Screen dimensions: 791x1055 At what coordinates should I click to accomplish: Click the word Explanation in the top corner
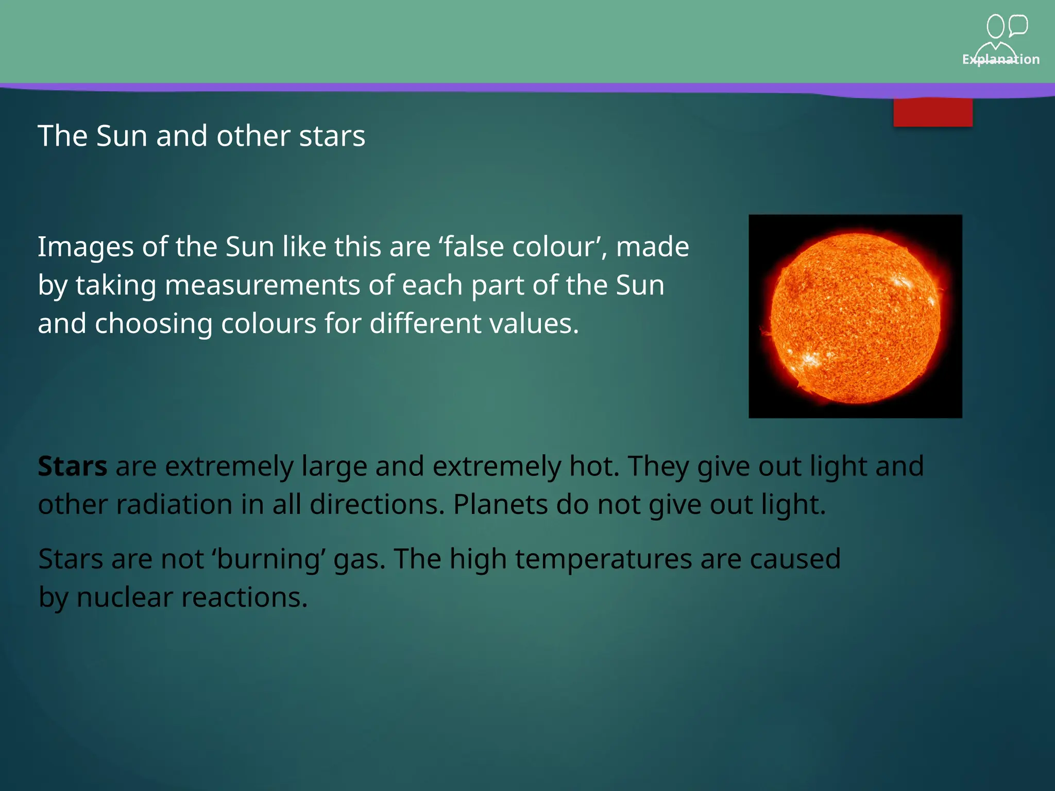point(1000,59)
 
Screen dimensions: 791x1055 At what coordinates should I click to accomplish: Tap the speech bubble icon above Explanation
point(1017,25)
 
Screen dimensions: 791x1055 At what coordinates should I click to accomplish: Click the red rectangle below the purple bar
point(932,112)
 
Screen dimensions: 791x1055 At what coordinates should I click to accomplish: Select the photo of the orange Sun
point(855,316)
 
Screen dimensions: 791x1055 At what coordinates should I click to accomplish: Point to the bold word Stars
point(73,466)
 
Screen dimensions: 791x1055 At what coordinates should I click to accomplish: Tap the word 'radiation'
point(174,505)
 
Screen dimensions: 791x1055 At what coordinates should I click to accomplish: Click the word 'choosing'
point(154,324)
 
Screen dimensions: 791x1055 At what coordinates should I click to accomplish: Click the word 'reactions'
point(244,598)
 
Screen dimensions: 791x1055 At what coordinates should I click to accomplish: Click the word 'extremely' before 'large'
point(229,467)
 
